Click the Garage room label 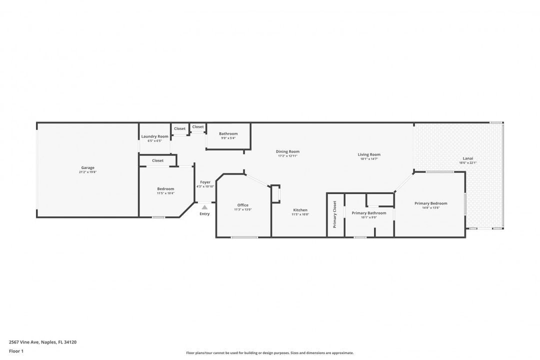click(87, 167)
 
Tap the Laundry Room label click(154, 136)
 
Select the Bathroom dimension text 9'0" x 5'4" click(228, 138)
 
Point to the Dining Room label click(287, 151)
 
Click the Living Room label click(369, 154)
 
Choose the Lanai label click(467, 158)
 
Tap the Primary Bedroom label click(430, 203)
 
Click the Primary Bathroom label click(369, 213)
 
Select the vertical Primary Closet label click(334, 214)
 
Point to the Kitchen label click(300, 210)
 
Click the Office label click(243, 205)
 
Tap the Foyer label click(205, 182)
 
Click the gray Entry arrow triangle click(204, 206)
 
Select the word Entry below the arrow click(204, 214)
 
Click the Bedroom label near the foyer click(165, 188)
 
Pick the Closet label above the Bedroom click(157, 160)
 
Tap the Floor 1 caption click(16, 351)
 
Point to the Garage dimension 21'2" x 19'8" click(87, 172)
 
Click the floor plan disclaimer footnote click(269, 352)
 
